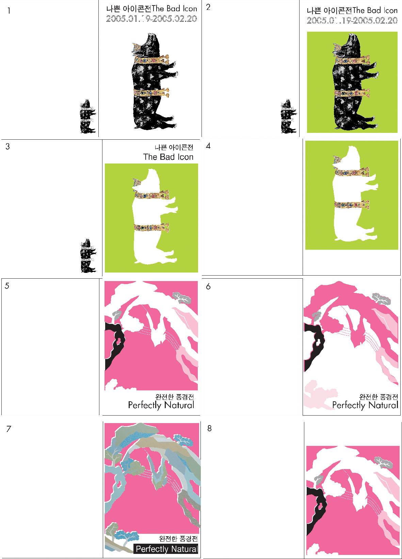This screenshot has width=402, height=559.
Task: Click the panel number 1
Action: point(9,11)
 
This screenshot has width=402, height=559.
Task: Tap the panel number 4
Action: point(208,146)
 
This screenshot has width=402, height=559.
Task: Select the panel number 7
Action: point(9,429)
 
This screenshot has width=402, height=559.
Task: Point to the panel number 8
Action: point(209,428)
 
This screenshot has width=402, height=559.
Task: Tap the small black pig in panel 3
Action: point(88,255)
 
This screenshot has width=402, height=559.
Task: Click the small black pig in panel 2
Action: point(289,116)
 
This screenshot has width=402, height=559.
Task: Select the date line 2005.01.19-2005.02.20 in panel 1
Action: point(151,19)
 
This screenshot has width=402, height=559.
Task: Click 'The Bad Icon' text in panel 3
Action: point(168,157)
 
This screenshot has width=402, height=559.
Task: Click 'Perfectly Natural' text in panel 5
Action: point(161,405)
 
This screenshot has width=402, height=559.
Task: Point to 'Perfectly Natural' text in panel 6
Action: point(365,405)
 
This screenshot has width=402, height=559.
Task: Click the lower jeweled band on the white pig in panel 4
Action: point(352,205)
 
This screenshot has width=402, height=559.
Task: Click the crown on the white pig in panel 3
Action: point(136,183)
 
